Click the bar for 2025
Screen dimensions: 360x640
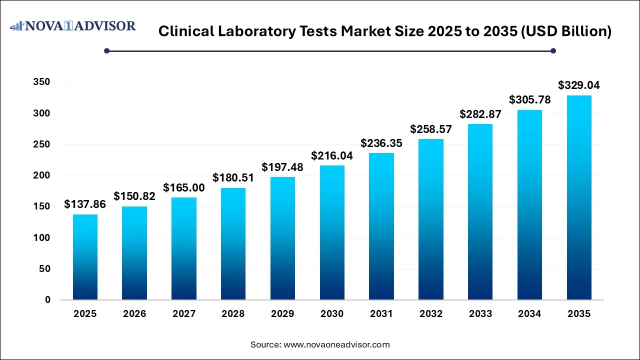85,257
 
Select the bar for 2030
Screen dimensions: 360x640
332,232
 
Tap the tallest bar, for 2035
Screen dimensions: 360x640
579,197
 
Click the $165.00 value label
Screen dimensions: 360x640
184,188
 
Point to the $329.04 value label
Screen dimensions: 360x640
579,85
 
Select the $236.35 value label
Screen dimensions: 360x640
381,143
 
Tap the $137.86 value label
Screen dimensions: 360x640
85,204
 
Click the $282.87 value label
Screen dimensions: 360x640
480,114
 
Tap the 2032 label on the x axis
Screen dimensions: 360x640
431,314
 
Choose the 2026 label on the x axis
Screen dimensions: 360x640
134,314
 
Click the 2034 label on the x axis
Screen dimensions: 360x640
529,314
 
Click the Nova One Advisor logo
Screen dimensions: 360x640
73,26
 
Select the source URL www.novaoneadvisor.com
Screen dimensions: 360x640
336,344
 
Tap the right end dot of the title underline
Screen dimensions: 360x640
553,50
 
